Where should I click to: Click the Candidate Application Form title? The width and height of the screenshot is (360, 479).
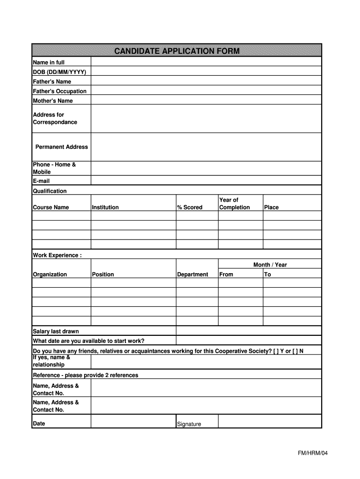tap(177, 51)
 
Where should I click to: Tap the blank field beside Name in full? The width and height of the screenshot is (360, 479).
tap(206, 62)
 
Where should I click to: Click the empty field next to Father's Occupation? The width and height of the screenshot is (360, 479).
tap(206, 91)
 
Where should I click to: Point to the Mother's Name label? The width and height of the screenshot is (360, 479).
tap(53, 101)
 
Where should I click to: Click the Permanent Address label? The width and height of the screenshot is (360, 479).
tap(62, 147)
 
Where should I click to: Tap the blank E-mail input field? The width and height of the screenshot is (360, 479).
tap(206, 181)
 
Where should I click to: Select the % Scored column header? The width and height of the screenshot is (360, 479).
tap(190, 207)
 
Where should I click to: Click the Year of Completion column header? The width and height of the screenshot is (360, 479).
tap(235, 203)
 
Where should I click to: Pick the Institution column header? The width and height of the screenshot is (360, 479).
tap(105, 207)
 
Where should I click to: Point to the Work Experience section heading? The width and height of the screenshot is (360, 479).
tap(57, 255)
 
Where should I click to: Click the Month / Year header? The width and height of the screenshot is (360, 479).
tap(270, 265)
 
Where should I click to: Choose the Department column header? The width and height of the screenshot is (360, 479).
tap(193, 275)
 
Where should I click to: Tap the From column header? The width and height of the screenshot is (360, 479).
tap(226, 275)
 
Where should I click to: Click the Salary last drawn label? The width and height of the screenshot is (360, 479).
tap(56, 331)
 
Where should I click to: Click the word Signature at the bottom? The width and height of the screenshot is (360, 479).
tap(189, 424)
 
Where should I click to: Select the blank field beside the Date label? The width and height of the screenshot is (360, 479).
tap(133, 421)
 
